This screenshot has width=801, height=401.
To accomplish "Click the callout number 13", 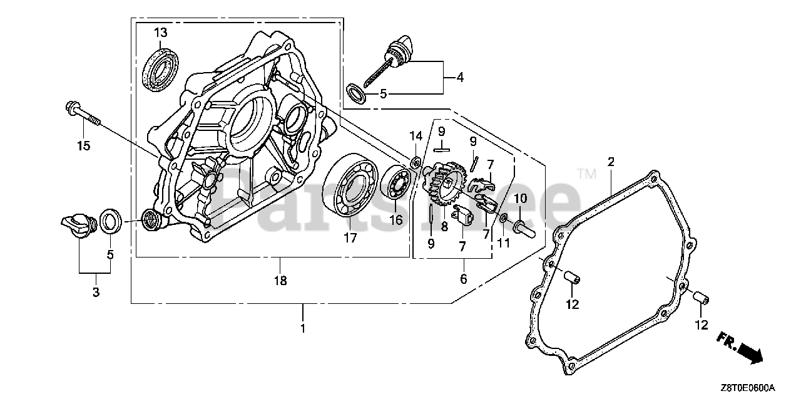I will coord(161,32).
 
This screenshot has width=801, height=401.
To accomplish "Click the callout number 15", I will coord(83,146).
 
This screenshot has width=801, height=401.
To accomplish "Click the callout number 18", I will coord(280,281).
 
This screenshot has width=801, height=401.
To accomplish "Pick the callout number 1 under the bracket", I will coord(302,328).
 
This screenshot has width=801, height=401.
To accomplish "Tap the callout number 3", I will coord(95,292).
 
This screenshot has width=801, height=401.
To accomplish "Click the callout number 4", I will coord(460,78).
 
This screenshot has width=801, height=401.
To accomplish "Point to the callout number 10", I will coord(521,199).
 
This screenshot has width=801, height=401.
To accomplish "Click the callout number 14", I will coord(416,137).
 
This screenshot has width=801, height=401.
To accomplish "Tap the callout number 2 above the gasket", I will coord(611,162).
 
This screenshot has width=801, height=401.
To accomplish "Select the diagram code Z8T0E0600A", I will coord(748,387).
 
